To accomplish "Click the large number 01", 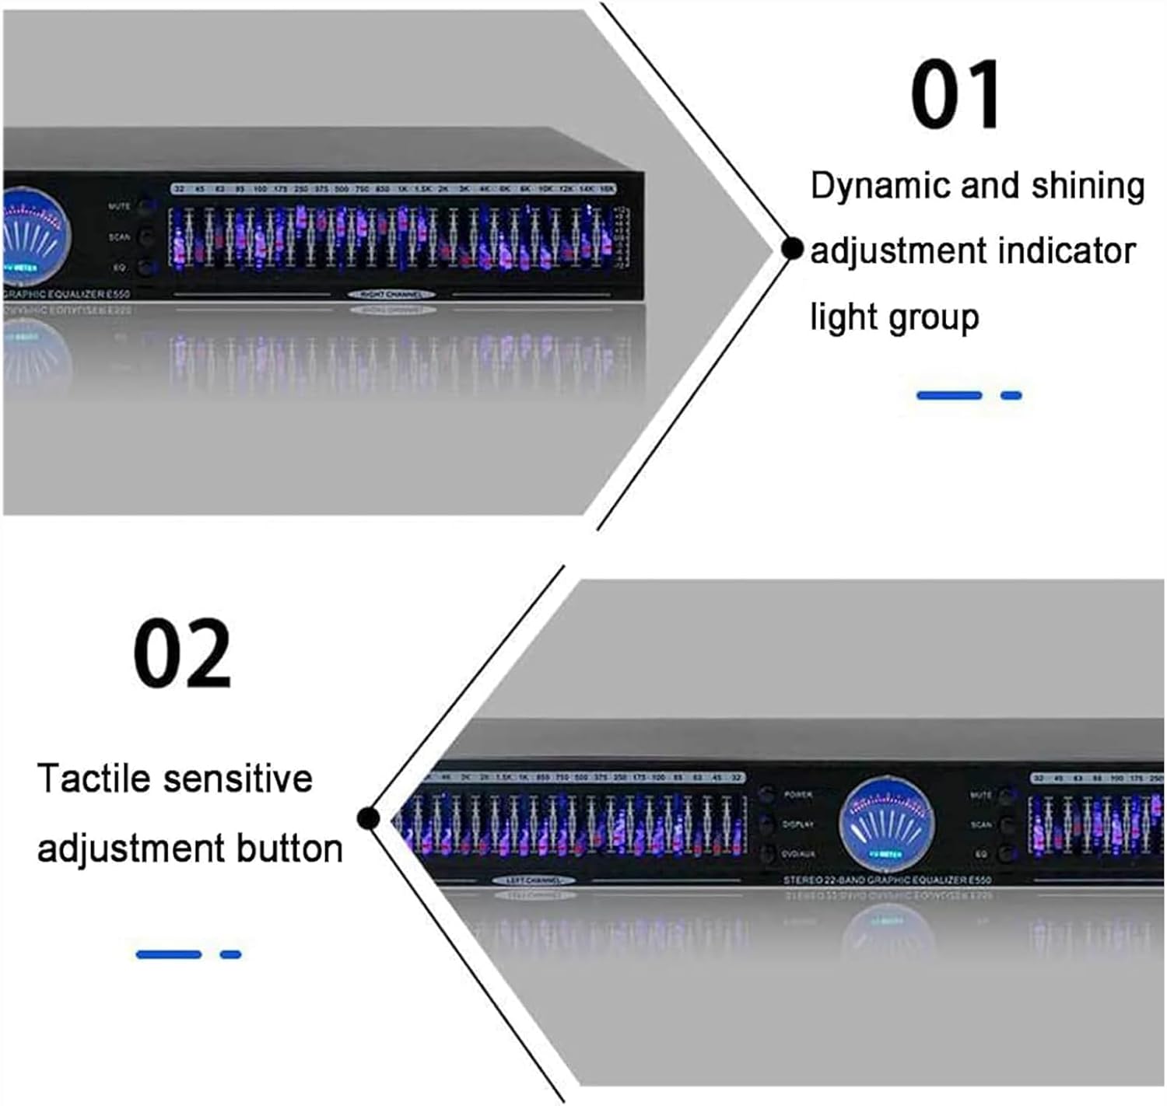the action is (x=956, y=96).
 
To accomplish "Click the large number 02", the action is (x=182, y=653).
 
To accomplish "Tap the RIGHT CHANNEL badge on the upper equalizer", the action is (x=391, y=295).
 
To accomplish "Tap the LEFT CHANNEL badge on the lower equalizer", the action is (x=534, y=881).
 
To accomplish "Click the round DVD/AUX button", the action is (x=767, y=853).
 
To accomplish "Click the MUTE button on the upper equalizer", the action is (x=145, y=207).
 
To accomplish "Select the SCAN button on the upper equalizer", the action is (x=145, y=237).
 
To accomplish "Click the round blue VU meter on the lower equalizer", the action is (x=886, y=824).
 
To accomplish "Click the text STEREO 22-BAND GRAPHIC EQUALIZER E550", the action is (x=887, y=880).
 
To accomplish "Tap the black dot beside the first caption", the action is (x=792, y=249).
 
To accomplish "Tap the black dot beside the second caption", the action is (x=368, y=818).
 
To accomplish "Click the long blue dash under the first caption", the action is (x=949, y=396).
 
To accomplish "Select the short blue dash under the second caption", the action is (x=231, y=954).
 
